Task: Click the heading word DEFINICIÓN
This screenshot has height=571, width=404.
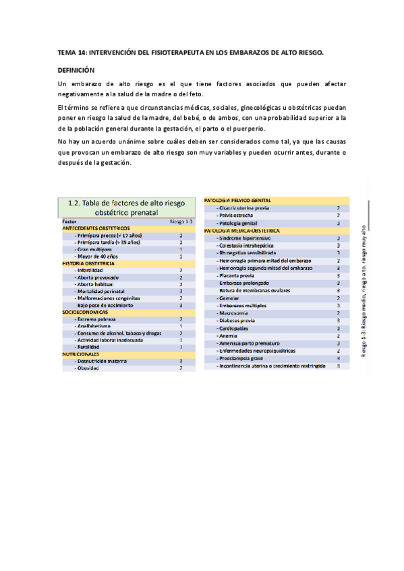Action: point(76,70)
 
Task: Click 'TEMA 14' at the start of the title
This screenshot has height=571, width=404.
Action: point(72,52)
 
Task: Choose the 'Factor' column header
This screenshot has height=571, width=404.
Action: point(69,221)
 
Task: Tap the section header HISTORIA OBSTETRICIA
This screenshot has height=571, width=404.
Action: point(89,263)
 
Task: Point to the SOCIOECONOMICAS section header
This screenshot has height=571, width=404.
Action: point(86,312)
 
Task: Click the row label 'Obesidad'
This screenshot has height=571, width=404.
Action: point(92,368)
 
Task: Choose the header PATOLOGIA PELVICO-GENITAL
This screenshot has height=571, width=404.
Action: point(241,201)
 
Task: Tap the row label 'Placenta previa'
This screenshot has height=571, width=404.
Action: point(238,276)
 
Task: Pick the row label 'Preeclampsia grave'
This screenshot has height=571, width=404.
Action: point(242,359)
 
